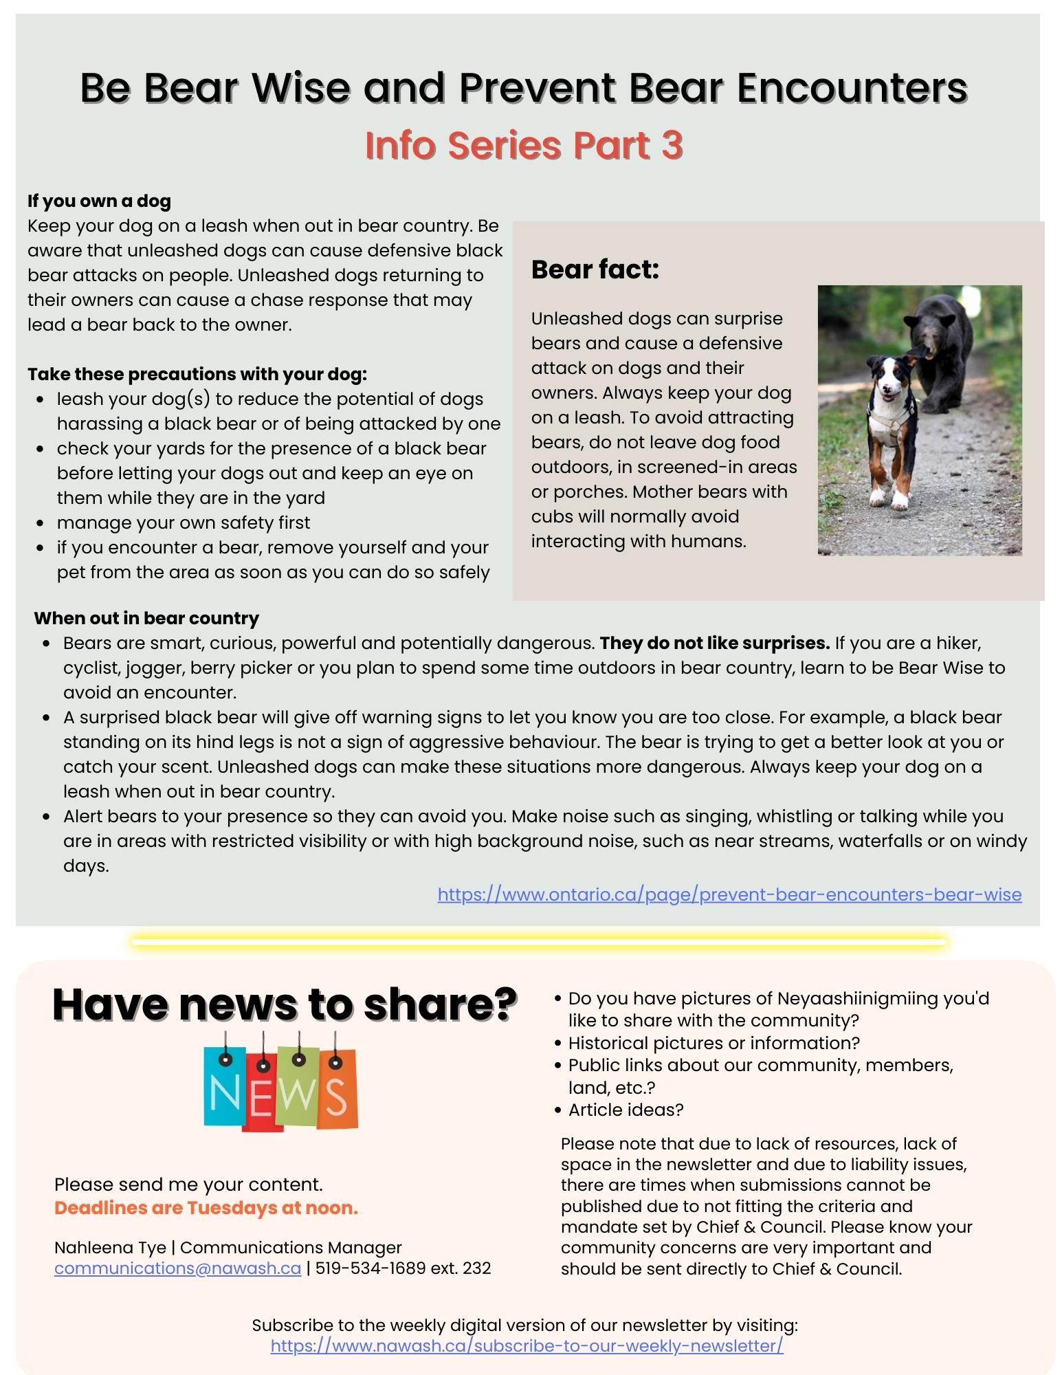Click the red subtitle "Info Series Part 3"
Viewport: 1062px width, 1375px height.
point(524,145)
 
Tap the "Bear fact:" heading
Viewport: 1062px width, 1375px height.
point(595,269)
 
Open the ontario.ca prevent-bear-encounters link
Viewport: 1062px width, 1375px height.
point(729,894)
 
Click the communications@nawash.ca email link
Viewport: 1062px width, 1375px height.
point(177,1268)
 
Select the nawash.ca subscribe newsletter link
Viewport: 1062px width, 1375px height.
point(527,1345)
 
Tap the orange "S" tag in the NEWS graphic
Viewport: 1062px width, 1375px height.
point(337,1093)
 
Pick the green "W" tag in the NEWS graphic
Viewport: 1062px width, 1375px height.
point(298,1093)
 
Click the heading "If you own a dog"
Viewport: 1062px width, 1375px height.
point(99,201)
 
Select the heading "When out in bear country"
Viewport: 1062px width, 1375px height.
point(146,618)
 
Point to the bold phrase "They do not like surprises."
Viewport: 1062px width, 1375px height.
point(715,643)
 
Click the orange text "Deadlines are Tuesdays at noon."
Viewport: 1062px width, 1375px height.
point(206,1208)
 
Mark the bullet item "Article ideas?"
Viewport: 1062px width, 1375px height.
point(626,1110)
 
